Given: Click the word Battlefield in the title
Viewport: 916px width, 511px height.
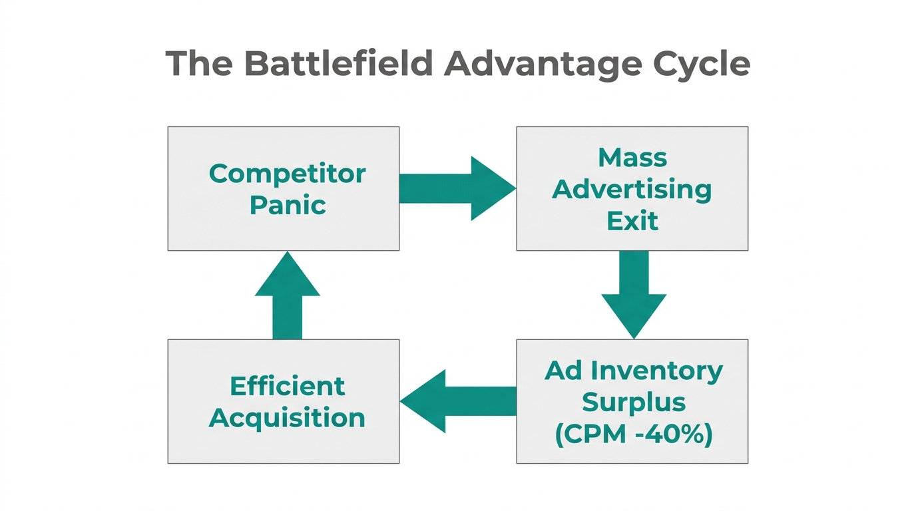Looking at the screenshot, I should (338, 64).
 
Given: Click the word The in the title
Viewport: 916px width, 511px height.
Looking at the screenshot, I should (199, 64).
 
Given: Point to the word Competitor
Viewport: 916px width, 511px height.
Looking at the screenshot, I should (287, 174).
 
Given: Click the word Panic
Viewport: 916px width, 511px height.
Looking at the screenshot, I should (287, 205).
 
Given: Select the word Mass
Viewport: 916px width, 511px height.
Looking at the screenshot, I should (632, 158).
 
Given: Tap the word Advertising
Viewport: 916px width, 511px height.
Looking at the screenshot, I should (632, 190).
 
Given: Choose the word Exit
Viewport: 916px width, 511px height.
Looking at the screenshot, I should (632, 221).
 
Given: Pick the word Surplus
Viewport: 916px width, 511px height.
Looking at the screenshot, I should (633, 402).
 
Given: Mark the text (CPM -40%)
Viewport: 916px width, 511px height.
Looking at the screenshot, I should (633, 434).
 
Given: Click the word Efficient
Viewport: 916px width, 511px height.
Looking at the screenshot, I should (287, 386).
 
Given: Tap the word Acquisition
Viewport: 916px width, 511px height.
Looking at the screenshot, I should (287, 418).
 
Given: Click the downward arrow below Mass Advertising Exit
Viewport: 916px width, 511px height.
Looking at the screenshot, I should (633, 293).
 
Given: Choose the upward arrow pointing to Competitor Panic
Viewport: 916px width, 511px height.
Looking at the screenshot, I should (287, 296).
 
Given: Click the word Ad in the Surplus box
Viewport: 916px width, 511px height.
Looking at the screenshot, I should (563, 371).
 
